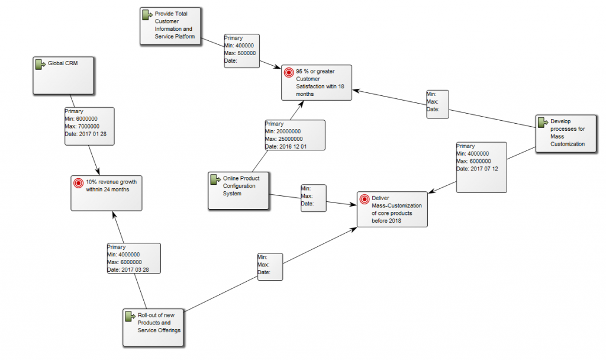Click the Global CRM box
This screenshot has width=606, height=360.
(63, 75)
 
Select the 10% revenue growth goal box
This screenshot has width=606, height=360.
(107, 192)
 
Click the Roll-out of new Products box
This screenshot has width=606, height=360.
(153, 327)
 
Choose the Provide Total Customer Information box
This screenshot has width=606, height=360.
(170, 25)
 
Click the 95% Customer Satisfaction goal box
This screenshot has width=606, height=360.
(316, 82)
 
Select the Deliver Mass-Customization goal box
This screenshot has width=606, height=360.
(392, 209)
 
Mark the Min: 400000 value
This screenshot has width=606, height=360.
(240, 46)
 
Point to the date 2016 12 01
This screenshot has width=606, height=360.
(294, 146)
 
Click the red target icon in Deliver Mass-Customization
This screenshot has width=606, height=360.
(365, 199)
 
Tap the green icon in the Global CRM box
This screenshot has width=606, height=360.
(40, 64)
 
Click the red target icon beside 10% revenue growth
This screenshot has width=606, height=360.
(78, 182)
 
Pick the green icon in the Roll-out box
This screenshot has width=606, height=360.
(130, 316)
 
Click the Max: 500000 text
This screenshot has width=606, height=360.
(240, 53)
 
